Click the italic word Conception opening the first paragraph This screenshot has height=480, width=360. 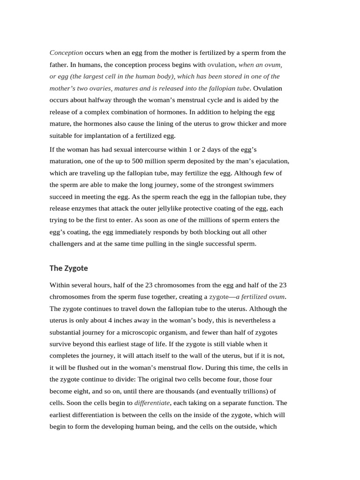[66, 52]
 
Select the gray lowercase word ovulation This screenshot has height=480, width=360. [221, 65]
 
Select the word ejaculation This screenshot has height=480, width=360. [270, 161]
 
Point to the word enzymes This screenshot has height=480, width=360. [88, 208]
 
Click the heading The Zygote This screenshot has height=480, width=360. [68, 268]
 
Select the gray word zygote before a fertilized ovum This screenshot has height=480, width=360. [218, 297]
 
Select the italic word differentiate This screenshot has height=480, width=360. [152, 403]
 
